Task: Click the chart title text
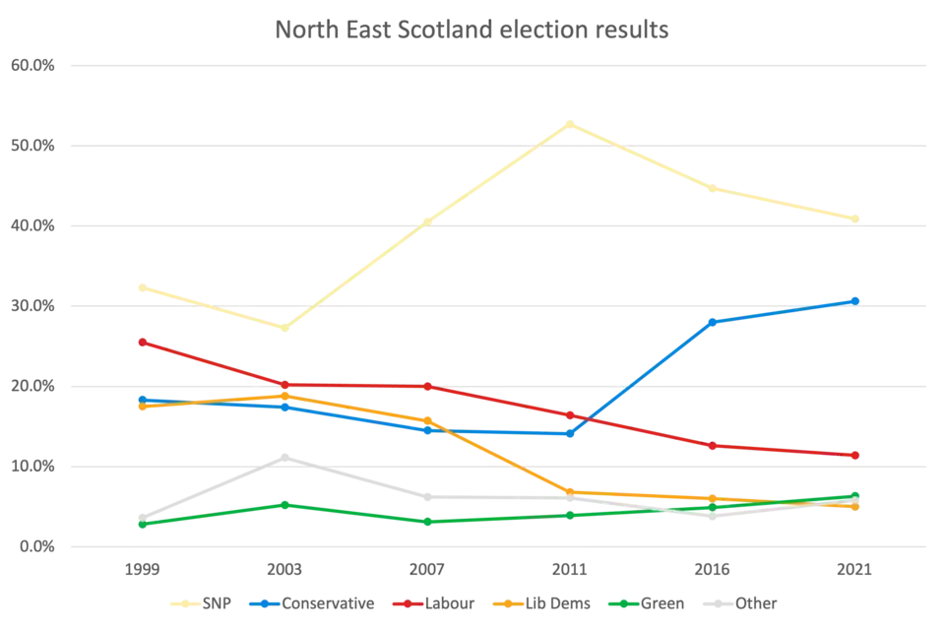coord(472,29)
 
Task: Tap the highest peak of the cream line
coord(569,124)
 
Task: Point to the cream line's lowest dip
coord(283,329)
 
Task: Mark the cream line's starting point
coord(142,286)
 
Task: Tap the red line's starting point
coord(142,341)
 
